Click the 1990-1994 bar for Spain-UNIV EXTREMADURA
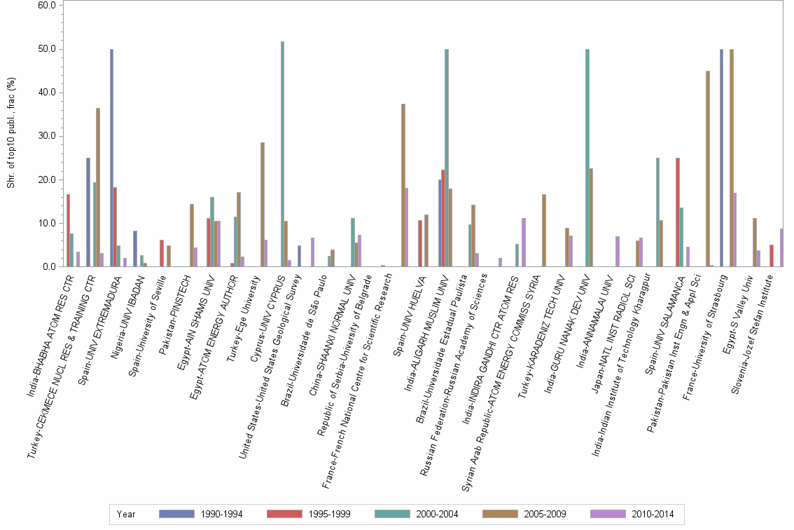111,158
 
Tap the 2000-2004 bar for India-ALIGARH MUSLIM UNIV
447,158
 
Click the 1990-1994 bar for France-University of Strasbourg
721,158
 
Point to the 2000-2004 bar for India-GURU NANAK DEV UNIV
587,158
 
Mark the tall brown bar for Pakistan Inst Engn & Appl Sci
708,169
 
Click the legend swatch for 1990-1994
177,514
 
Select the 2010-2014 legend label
653,514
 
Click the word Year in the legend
126,514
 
